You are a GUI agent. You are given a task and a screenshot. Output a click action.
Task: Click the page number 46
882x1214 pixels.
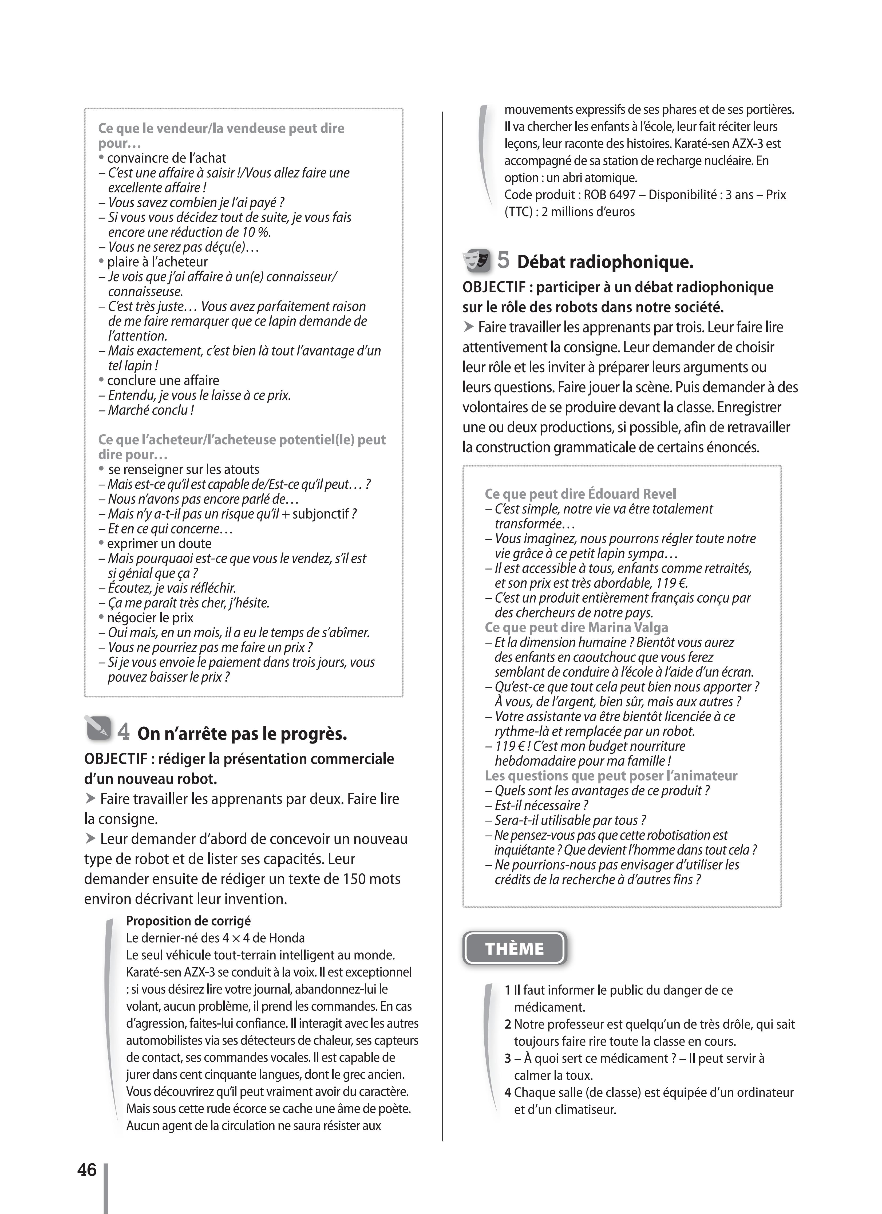[x=87, y=1170]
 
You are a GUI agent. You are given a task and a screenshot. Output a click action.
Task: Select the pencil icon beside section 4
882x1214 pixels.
[x=98, y=729]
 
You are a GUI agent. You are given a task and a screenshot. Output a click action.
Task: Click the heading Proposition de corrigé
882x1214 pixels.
[x=188, y=921]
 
